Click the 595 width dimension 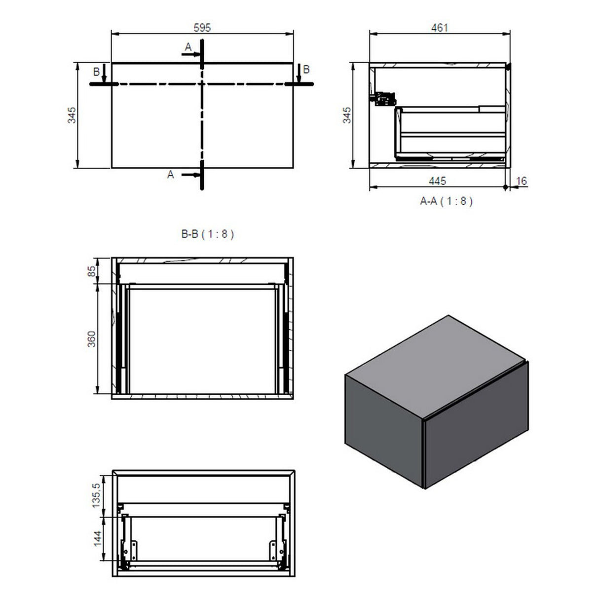tap(202, 28)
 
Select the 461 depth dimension tap(439, 28)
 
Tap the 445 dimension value tap(437, 181)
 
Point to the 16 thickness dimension tap(521, 181)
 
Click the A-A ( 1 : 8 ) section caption tap(446, 201)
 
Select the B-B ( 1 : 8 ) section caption tap(207, 234)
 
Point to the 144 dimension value tap(96, 539)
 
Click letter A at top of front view tap(188, 47)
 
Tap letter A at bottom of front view tap(171, 174)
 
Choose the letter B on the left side tap(96, 72)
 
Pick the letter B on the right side tap(306, 70)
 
